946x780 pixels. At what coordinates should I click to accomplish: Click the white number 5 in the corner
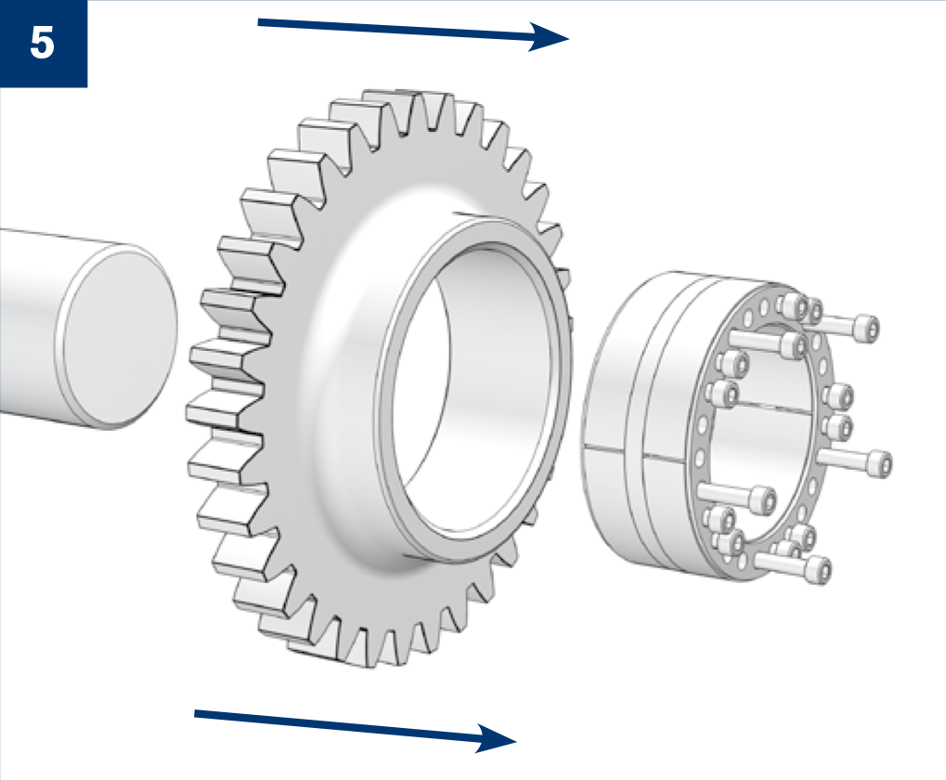[42, 43]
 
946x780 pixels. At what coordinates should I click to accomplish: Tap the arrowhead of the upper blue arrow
[548, 37]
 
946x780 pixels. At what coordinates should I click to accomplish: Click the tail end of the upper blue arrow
[259, 23]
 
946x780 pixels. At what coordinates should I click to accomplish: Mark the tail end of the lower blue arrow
[196, 714]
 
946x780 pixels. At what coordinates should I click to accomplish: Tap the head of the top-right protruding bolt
[866, 328]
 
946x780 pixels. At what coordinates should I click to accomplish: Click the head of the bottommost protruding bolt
[819, 570]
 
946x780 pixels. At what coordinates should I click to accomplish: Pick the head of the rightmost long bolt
[879, 463]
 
